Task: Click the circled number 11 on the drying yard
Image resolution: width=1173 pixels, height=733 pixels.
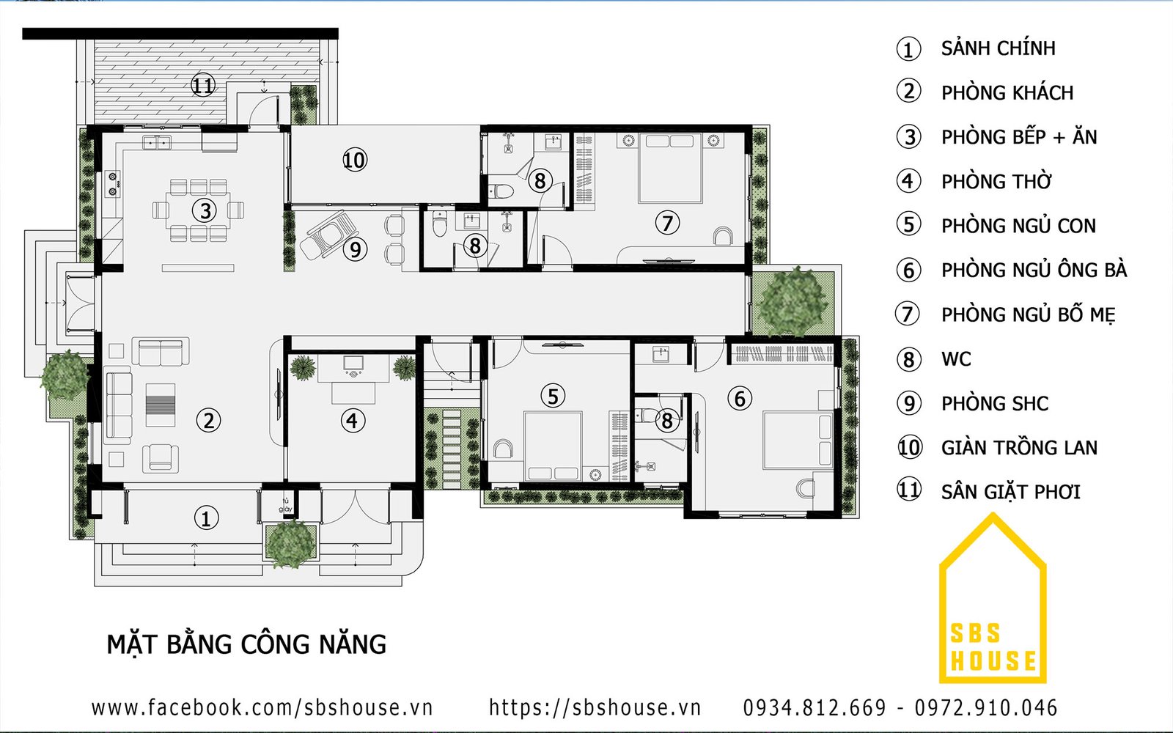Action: coord(203,86)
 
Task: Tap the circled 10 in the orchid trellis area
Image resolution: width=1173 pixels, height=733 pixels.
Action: coord(354,160)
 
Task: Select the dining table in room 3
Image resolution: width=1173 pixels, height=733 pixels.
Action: coord(198,210)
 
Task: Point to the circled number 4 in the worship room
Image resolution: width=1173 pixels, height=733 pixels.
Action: coord(353,421)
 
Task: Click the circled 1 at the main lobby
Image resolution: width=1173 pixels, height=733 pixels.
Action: coord(206,518)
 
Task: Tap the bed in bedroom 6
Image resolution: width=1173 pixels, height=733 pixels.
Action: coord(798,440)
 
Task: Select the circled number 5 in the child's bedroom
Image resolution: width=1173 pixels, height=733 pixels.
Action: coord(553,397)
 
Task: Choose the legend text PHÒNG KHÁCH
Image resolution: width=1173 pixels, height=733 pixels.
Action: coord(1007,93)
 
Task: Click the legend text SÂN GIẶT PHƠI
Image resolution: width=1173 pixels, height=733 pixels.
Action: coord(1010,492)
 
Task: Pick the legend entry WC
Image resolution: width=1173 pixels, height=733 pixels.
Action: coord(956,359)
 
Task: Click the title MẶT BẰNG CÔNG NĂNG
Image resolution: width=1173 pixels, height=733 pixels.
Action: coord(246,644)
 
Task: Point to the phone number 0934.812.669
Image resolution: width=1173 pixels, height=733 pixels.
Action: coord(815,707)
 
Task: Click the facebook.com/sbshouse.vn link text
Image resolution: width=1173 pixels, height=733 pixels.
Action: coord(262,707)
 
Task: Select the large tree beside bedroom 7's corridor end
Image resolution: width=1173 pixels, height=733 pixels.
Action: coord(793,302)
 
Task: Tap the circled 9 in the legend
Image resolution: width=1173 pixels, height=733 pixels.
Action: coord(909,404)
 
